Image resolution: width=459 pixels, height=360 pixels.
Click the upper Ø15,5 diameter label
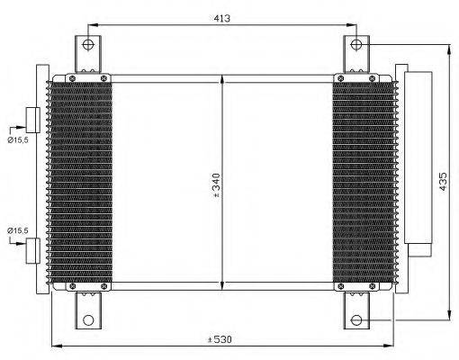point(17,139)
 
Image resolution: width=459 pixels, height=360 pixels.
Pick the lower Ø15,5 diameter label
point(17,230)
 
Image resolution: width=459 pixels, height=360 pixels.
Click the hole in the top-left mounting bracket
point(87,43)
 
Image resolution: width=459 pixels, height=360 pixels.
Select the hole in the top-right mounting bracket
point(356,43)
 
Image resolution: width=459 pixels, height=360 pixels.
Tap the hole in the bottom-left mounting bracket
point(87,319)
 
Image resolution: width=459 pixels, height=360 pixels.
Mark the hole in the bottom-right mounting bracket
point(356,319)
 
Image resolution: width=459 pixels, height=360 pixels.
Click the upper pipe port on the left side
point(32,120)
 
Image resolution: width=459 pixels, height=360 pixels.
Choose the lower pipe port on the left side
point(32,249)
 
